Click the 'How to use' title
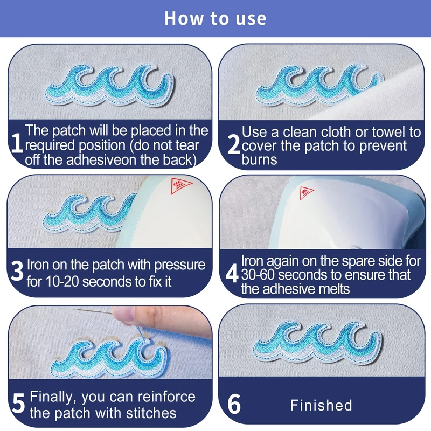point(215,18)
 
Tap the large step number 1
point(17,142)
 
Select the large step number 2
point(234,144)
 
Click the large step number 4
point(232,273)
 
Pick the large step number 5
point(19,403)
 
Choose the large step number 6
point(234,404)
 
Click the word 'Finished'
point(321,405)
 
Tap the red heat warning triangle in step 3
point(180,185)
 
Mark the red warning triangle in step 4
point(305,192)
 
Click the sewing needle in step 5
point(94,311)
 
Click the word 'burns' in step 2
point(259,159)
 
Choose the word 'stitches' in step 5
point(151,413)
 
